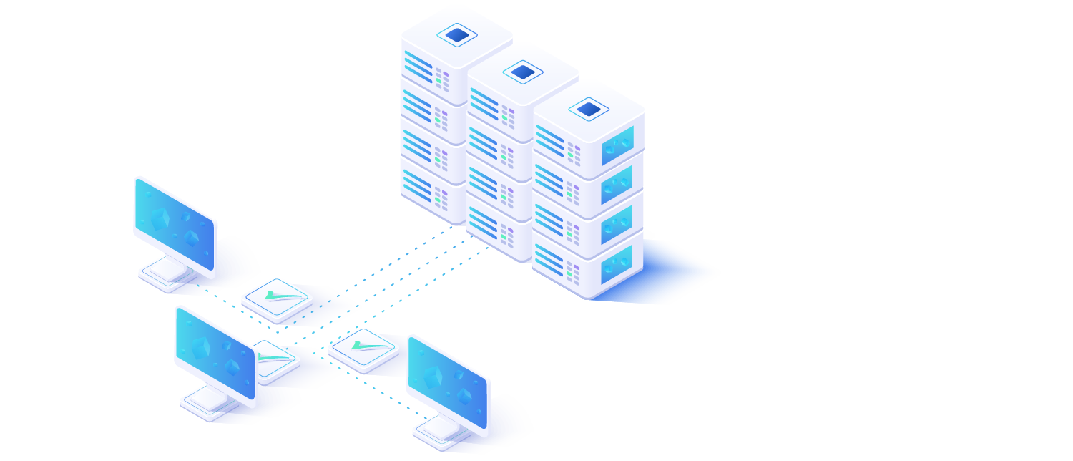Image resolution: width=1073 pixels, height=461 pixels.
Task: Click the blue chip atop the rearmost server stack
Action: coord(457,34)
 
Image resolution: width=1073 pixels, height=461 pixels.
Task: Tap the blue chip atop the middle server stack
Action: coord(523,72)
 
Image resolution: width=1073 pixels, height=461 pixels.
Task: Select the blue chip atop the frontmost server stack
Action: coord(589,109)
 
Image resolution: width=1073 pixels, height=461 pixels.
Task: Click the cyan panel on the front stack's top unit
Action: coord(617,145)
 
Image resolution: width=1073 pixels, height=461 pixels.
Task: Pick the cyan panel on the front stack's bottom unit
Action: coord(617,264)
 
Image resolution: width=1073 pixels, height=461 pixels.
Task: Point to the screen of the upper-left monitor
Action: coord(175,223)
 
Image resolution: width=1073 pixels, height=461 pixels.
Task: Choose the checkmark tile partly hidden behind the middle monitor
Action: coord(275,358)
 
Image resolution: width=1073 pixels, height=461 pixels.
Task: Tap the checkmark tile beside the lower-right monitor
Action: coord(363,349)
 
